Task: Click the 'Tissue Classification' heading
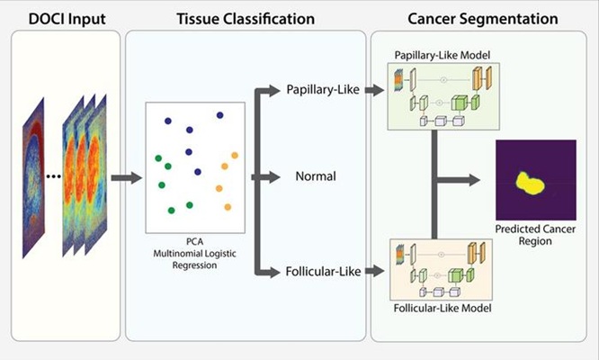[246, 18]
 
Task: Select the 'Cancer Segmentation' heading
[481, 18]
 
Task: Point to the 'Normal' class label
[316, 176]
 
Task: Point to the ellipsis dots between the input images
[53, 176]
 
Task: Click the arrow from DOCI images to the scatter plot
[126, 177]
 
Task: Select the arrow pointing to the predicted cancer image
[468, 177]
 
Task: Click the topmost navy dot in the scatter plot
[168, 120]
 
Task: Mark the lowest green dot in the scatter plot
[171, 210]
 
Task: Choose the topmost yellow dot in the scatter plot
[235, 155]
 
